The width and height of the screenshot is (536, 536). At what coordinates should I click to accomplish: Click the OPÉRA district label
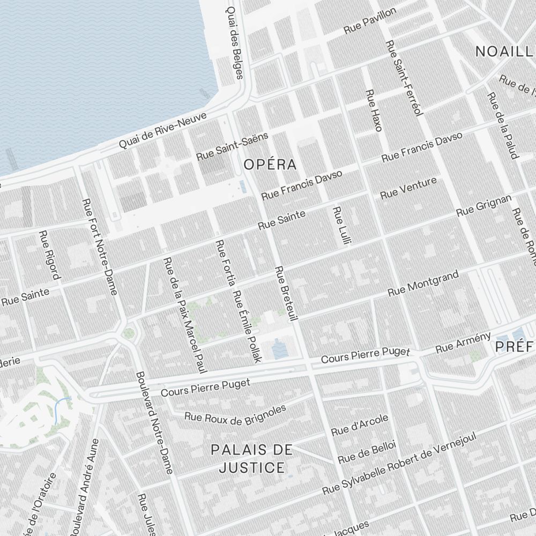270,165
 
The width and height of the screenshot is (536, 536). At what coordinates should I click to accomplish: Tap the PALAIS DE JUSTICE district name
252,459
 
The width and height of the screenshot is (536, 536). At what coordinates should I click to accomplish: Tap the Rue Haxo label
373,110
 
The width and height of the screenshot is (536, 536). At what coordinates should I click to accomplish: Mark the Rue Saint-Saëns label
232,146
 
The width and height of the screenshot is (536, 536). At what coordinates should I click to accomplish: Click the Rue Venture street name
408,188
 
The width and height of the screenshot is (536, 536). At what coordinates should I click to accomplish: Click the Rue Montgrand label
423,284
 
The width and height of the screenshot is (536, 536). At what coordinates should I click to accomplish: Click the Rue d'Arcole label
359,425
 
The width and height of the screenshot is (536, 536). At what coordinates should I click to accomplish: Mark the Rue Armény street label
463,343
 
